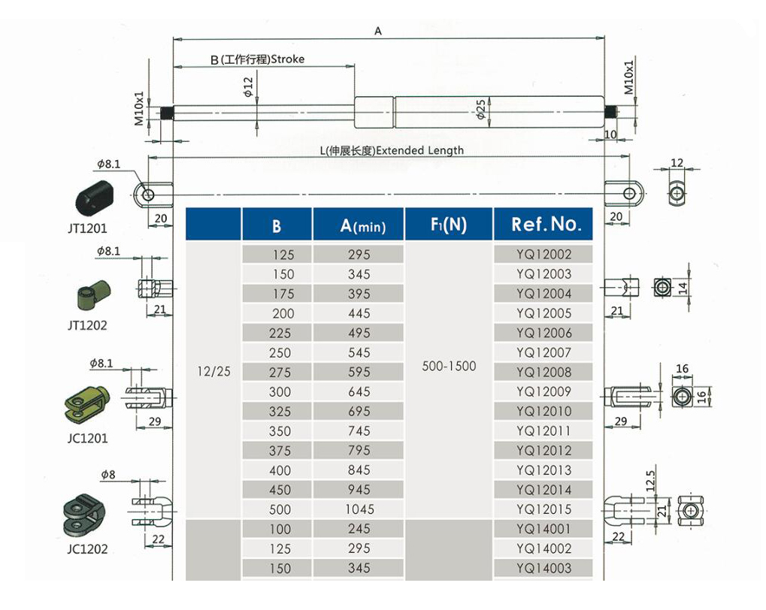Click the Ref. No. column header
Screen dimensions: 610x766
(x=546, y=224)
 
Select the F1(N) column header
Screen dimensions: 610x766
(x=449, y=224)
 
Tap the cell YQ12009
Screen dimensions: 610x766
(x=543, y=391)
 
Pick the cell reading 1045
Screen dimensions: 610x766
(x=359, y=509)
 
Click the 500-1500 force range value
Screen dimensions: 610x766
(x=449, y=366)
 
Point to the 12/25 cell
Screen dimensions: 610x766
(x=213, y=371)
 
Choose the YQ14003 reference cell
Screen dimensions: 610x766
(x=543, y=569)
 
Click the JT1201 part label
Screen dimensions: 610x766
(x=86, y=227)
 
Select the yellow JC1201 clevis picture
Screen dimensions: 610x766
(x=86, y=401)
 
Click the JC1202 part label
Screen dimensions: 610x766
(x=86, y=549)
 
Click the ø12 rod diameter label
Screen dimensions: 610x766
(x=247, y=89)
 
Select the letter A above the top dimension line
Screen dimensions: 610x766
(x=378, y=32)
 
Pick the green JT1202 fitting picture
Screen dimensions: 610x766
(x=93, y=294)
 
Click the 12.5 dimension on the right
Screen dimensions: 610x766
(x=651, y=479)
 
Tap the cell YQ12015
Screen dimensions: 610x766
(x=543, y=509)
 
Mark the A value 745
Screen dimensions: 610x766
(x=359, y=431)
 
